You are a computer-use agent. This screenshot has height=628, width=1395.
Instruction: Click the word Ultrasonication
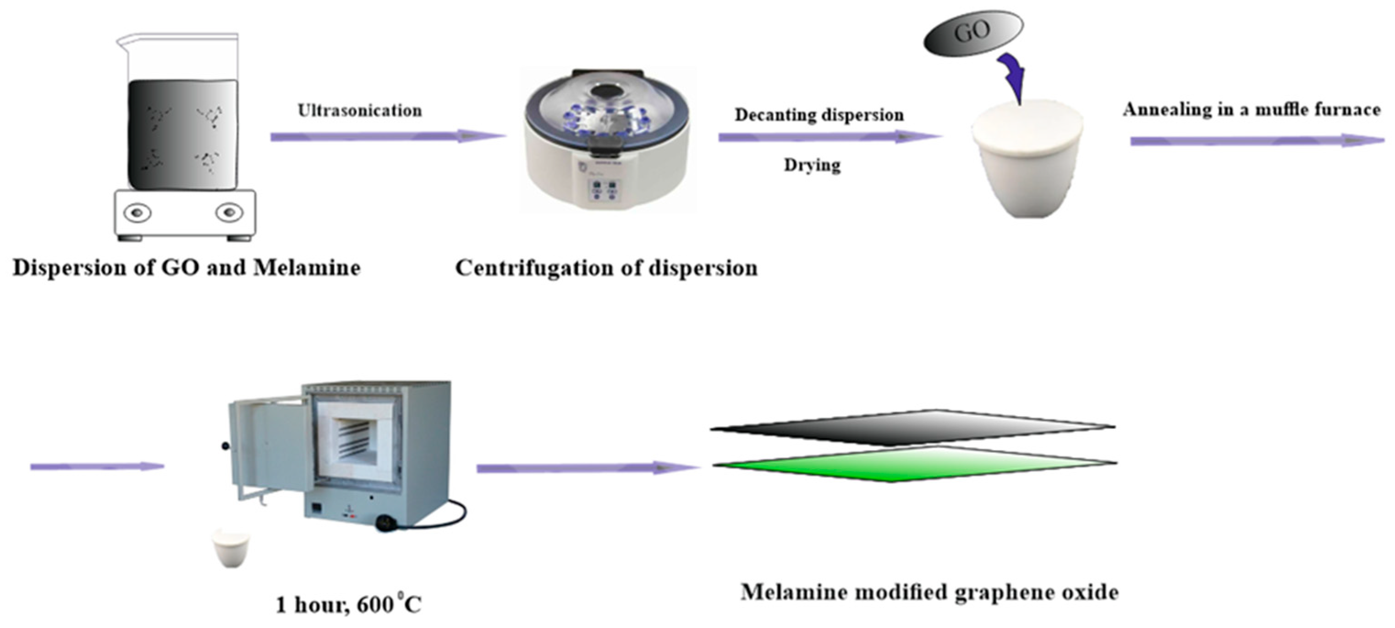click(x=360, y=111)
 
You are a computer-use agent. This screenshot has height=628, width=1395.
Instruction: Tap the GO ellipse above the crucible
click(x=972, y=33)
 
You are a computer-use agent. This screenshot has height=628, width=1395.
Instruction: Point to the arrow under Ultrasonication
click(x=387, y=137)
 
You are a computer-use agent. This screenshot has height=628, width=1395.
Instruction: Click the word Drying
click(x=812, y=165)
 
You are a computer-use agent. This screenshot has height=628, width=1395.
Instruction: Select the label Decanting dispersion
click(x=819, y=115)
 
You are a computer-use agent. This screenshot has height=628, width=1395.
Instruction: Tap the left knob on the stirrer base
click(x=137, y=212)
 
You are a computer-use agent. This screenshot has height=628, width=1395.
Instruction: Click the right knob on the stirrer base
click(x=229, y=212)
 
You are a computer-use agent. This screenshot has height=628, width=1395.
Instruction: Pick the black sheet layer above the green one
click(x=913, y=428)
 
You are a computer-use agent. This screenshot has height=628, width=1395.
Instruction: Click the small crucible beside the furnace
click(x=231, y=548)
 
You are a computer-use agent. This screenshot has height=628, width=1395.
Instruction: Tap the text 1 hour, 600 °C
click(x=348, y=605)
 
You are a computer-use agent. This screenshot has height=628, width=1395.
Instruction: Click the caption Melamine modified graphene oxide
click(x=929, y=592)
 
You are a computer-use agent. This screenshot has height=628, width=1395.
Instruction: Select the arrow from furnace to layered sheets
click(x=588, y=467)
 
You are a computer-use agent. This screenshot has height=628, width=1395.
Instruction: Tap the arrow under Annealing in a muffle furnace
click(x=1256, y=141)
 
